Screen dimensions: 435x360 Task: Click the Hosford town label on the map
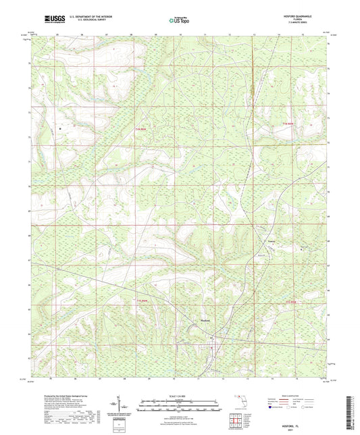tap(210, 321)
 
